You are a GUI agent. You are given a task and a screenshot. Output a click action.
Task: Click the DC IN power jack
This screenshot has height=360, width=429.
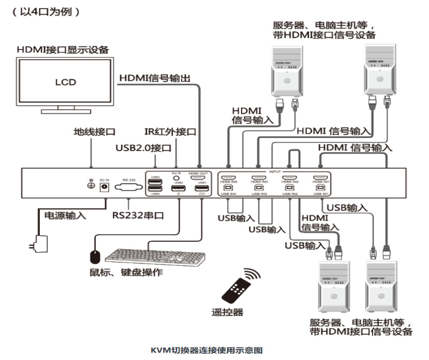click(x=105, y=186)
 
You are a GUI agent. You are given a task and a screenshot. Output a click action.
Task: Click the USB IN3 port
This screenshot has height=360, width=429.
click(x=259, y=188)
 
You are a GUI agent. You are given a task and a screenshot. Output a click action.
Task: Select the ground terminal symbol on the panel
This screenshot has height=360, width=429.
click(x=91, y=185)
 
